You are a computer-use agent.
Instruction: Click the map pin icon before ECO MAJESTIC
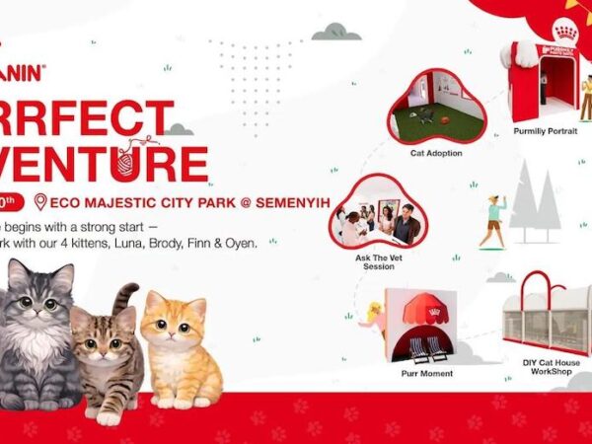tap(39, 202)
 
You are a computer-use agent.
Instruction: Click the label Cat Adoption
tap(436, 154)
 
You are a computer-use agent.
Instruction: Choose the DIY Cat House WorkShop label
tap(551, 368)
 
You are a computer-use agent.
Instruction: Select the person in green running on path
tap(494, 220)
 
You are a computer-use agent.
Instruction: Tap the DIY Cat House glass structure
tap(546, 314)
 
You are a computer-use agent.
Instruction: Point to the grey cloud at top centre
tap(335, 33)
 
